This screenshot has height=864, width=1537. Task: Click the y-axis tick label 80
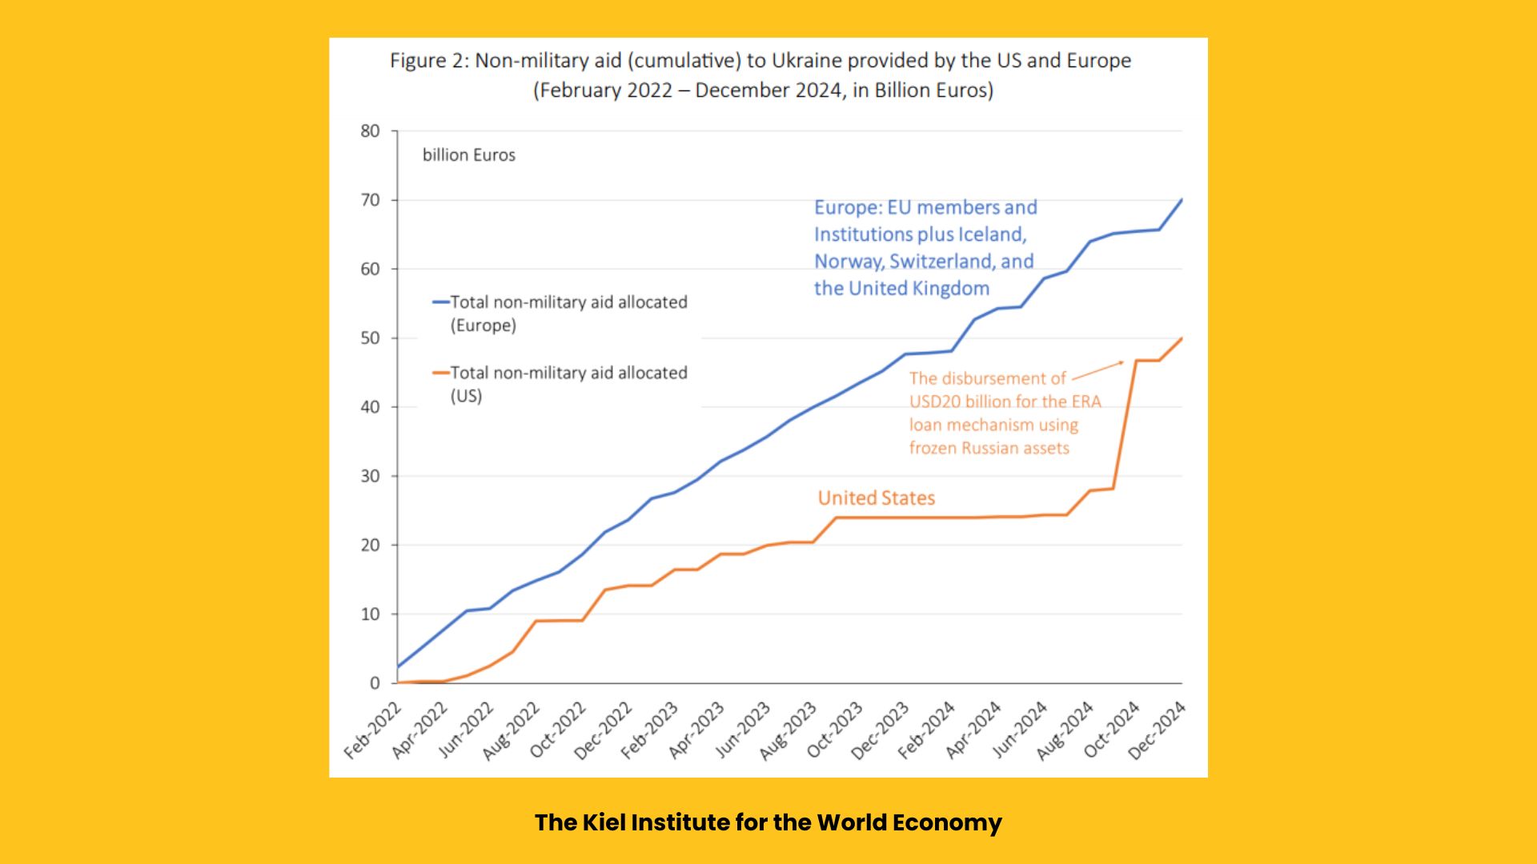(370, 131)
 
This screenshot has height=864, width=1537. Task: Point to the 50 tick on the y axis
(370, 338)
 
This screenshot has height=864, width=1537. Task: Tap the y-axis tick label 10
(370, 614)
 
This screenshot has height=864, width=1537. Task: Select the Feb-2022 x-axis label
(373, 730)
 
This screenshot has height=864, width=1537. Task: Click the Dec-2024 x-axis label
(1157, 730)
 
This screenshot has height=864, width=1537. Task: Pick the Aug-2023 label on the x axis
(788, 730)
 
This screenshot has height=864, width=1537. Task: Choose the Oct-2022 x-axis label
(558, 730)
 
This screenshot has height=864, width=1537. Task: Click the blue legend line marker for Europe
(441, 302)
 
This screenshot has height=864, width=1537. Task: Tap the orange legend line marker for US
(441, 373)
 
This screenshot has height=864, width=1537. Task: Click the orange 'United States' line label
(877, 498)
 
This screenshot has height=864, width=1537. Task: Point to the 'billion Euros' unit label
(469, 155)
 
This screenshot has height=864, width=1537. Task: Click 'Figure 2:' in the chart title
(430, 61)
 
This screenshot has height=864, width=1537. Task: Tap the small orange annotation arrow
(1098, 370)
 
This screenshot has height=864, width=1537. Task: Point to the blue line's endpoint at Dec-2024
(1182, 200)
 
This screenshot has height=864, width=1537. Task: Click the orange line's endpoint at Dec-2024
(1182, 338)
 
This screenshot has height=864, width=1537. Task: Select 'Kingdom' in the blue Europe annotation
(950, 289)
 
